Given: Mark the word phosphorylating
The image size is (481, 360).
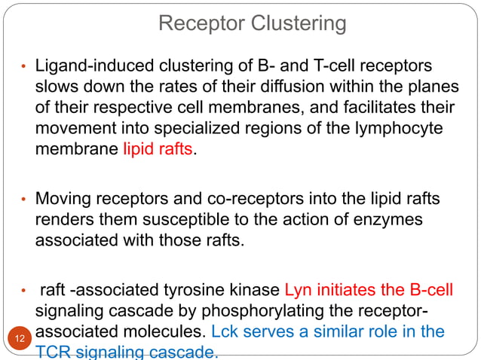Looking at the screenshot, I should coord(269,312).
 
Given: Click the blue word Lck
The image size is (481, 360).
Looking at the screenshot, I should coord(225,332).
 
